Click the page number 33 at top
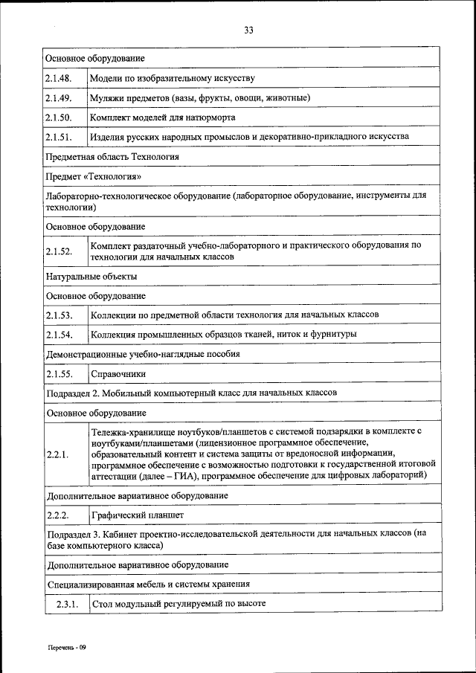[248, 30]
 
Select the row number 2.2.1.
[57, 454]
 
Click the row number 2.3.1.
[67, 604]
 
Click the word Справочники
[118, 374]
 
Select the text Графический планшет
[137, 515]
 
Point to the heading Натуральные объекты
[91, 276]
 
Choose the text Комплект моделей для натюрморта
[163, 117]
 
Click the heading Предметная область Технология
[112, 157]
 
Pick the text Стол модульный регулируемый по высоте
[178, 604]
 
